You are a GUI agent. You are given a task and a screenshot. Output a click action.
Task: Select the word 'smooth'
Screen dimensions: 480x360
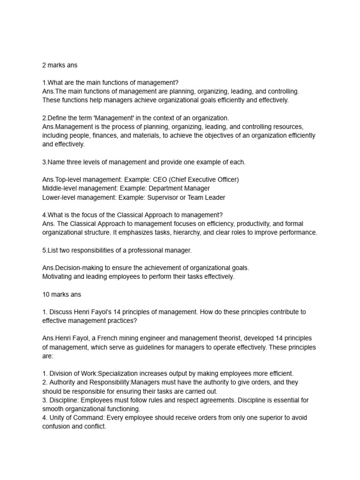53,409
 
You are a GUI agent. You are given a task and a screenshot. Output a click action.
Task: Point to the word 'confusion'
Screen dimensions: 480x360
57,427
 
